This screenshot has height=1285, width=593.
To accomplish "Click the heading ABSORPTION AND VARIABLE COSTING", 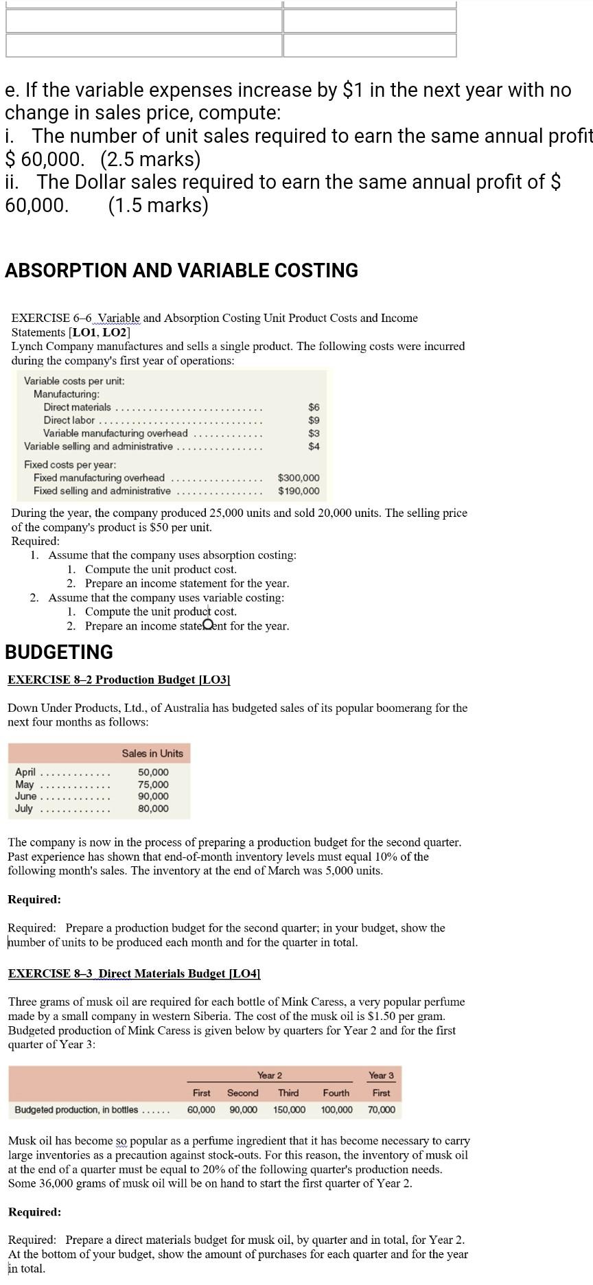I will [x=181, y=270].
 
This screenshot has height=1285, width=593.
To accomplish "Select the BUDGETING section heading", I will [x=59, y=652].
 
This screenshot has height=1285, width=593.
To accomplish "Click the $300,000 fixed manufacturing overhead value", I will [x=299, y=478].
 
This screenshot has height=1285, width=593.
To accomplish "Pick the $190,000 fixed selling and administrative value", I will [x=299, y=491].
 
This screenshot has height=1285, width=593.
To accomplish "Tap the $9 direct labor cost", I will [x=314, y=420].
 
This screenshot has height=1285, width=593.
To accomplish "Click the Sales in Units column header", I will [x=152, y=754].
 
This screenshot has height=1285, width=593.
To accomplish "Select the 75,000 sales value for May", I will [x=153, y=785].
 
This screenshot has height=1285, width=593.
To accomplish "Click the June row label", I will [x=26, y=796].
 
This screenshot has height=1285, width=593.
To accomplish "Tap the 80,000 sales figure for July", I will [x=153, y=809].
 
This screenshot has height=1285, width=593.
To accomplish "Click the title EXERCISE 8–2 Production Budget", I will [x=119, y=680].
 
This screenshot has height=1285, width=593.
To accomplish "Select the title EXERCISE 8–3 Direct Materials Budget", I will [x=134, y=973].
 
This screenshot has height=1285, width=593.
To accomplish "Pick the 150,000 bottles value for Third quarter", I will [x=289, y=1110].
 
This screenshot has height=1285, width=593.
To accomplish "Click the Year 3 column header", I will [x=381, y=1075].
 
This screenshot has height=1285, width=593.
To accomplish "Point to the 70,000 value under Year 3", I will [x=382, y=1110].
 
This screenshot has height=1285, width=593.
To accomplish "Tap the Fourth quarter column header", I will [x=336, y=1093].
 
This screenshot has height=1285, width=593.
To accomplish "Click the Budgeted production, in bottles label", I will [x=76, y=1110].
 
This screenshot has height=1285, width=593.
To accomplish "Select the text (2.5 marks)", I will [x=150, y=159].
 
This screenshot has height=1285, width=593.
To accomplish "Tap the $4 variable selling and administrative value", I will [x=314, y=446].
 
